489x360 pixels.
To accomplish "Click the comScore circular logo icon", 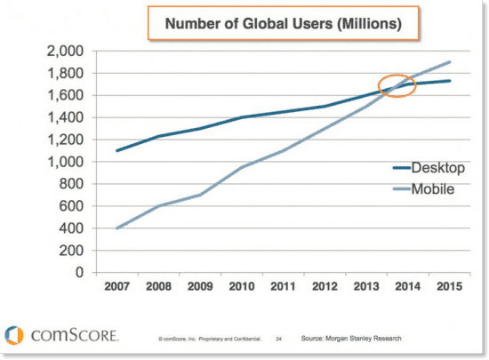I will click(15, 336).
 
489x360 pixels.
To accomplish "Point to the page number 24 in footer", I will click(278, 340).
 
